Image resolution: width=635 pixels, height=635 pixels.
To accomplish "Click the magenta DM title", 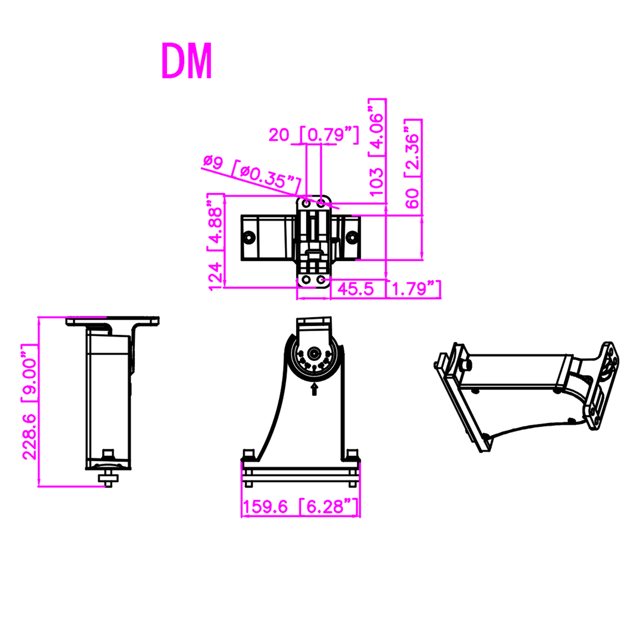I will pos(187,62).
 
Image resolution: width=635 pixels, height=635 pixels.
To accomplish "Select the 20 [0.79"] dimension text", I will pos(313,135).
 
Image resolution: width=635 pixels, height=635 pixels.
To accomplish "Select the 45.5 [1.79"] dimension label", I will pos(387,289).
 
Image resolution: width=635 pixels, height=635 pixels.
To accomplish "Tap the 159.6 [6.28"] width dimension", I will pos(300,506).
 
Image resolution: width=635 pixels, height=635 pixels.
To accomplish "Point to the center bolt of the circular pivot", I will pos(314,353).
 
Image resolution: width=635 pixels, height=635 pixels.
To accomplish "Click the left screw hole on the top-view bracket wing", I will pos(250,237).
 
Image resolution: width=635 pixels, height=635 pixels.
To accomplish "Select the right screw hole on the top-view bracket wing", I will pos(352,237).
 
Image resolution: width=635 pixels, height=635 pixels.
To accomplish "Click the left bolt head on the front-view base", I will pos(248,453).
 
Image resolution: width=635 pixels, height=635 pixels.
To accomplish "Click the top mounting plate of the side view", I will pos(112,320).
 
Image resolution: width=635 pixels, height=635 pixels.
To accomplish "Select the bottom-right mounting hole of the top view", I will pos(321,280).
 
